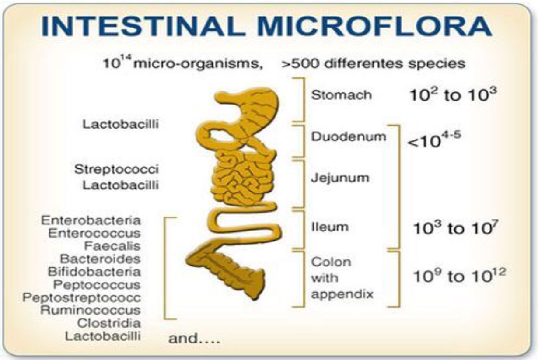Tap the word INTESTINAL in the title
click(x=143, y=26)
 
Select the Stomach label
click(x=342, y=95)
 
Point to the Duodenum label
click(x=349, y=136)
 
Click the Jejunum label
click(x=340, y=178)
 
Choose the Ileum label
click(x=330, y=227)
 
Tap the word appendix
click(x=342, y=294)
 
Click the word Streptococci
click(x=116, y=169)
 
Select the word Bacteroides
click(x=101, y=259)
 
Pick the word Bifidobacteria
click(x=94, y=272)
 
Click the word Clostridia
click(x=109, y=323)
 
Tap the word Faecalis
click(x=112, y=246)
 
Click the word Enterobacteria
click(x=91, y=220)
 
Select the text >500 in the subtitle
click(x=300, y=63)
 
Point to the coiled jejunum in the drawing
click(x=243, y=178)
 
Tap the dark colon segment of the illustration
click(x=228, y=271)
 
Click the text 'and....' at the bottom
click(x=194, y=339)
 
